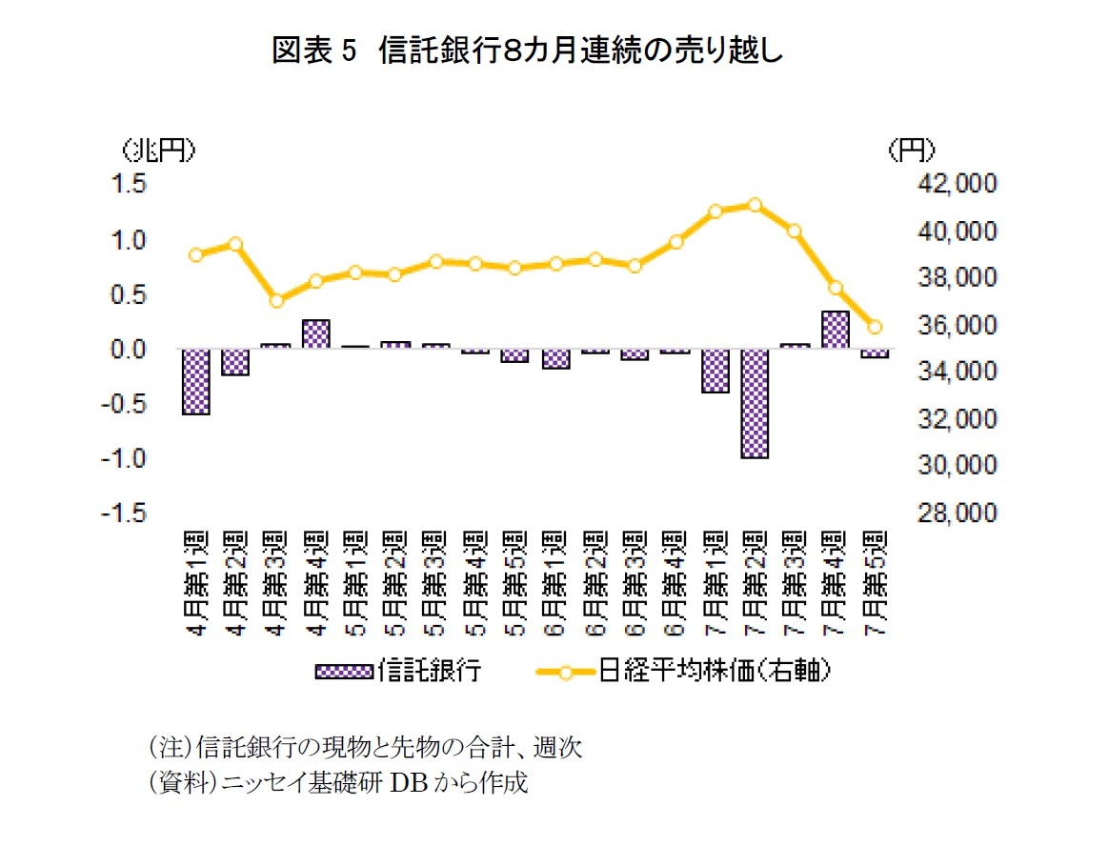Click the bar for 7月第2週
[x=755, y=403]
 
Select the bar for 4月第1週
[x=196, y=382]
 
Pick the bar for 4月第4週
[x=316, y=334]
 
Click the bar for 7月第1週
[x=715, y=371]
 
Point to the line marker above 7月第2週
[x=755, y=205]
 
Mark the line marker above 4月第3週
[x=276, y=301]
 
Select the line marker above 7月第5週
[x=875, y=327]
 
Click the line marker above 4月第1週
[x=196, y=254]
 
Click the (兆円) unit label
[x=159, y=150]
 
